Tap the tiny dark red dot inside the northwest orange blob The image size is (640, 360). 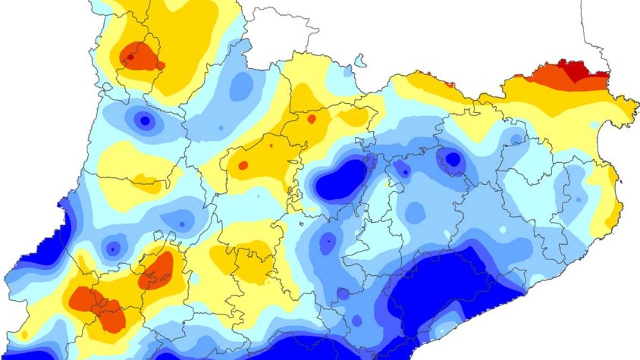coord(130,57)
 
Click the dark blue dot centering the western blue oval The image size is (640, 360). coord(145,120)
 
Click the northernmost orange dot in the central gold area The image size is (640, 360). coord(310,118)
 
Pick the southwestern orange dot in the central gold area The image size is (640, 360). coord(243,164)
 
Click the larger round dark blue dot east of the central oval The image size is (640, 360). coord(453,160)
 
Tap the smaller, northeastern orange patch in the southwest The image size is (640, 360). coord(158,269)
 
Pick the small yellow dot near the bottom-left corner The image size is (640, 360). coord(25,334)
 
